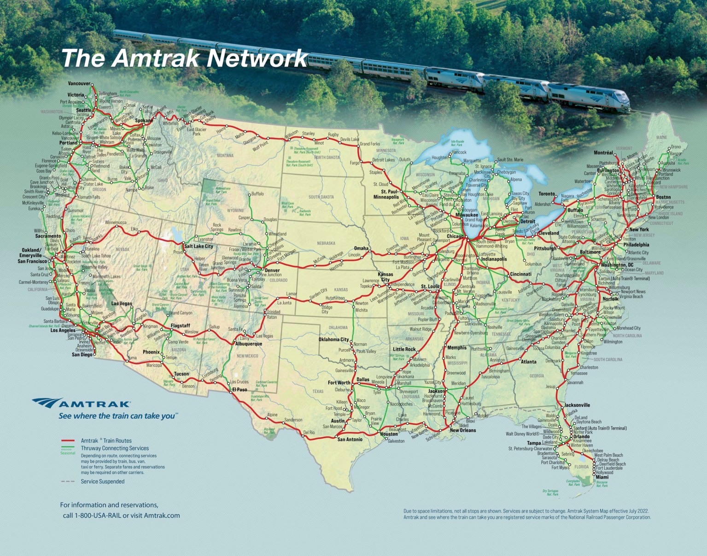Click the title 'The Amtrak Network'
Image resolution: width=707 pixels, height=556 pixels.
click(184, 59)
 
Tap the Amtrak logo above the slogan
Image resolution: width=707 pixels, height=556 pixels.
click(81, 404)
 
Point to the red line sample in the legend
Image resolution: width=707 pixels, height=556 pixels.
click(68, 441)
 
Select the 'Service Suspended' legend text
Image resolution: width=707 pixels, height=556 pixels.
click(102, 482)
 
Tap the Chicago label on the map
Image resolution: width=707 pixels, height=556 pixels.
click(455, 237)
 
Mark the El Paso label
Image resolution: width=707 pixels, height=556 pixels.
click(239, 390)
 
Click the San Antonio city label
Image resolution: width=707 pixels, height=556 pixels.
click(350, 439)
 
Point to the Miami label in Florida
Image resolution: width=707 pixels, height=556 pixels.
click(602, 478)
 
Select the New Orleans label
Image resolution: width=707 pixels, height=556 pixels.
click(462, 431)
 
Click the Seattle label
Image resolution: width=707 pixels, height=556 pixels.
click(84, 111)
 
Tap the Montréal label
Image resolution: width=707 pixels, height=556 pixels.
click(603, 153)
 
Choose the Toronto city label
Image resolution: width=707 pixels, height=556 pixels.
click(547, 194)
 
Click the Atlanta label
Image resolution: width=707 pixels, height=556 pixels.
click(528, 362)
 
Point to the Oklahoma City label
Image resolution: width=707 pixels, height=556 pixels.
click(333, 340)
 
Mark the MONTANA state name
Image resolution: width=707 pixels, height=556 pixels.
click(225, 156)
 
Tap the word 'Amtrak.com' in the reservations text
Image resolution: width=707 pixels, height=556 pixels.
click(162, 515)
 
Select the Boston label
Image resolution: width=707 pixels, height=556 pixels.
click(663, 197)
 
